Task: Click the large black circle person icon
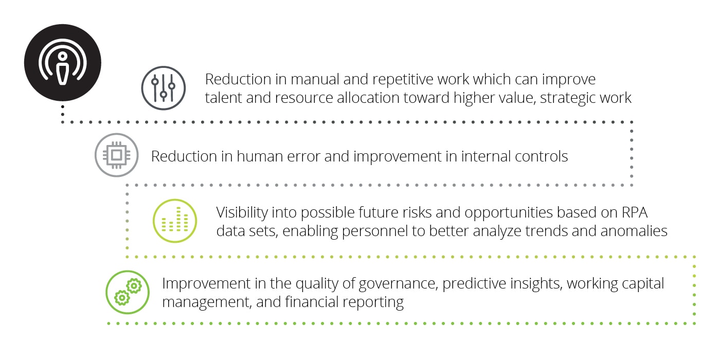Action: [x=63, y=63]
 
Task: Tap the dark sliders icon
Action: [x=164, y=88]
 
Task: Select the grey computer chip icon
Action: [x=117, y=155]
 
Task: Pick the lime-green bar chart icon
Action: [x=175, y=221]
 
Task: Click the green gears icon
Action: [x=128, y=292]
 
